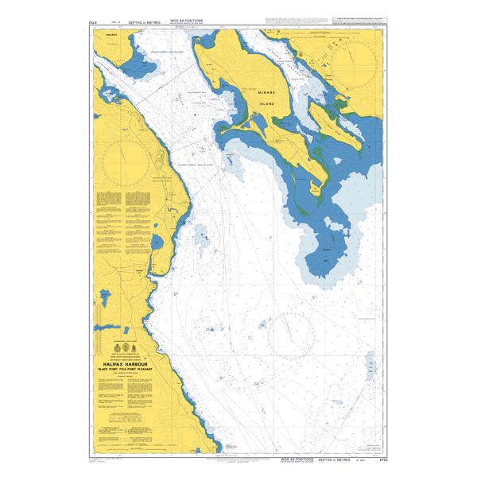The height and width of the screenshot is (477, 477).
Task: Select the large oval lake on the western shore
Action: coord(156,241)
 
